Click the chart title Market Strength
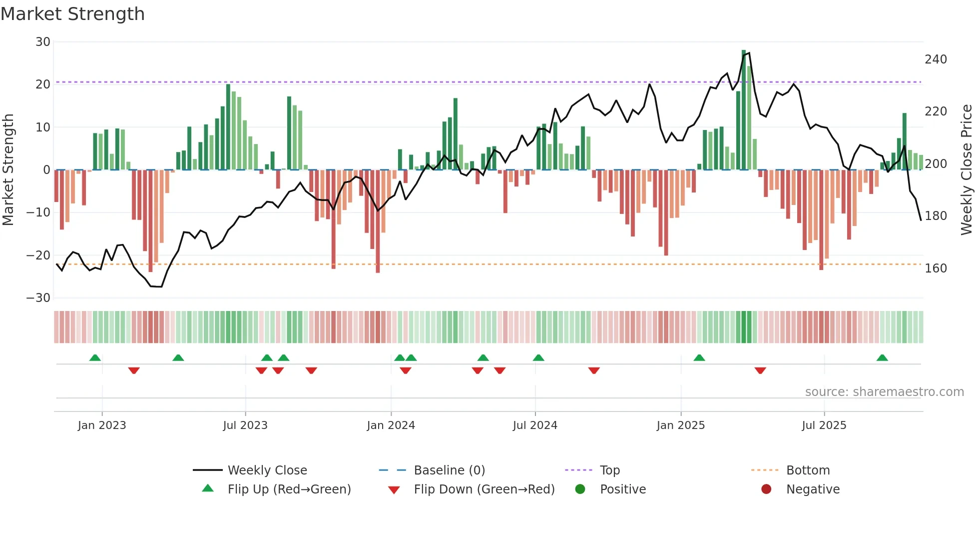click(x=72, y=14)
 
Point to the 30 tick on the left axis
click(x=42, y=42)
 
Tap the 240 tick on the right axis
click(x=936, y=59)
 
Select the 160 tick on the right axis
click(x=936, y=268)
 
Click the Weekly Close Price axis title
click(x=967, y=170)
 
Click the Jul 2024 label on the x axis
click(x=534, y=425)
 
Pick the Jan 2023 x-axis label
click(x=102, y=425)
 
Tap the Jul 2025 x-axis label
click(x=824, y=425)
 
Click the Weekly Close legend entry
click(x=267, y=470)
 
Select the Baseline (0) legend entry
click(x=449, y=470)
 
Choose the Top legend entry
click(x=609, y=470)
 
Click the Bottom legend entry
click(x=808, y=470)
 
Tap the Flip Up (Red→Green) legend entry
click(x=289, y=489)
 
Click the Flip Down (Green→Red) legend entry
click(x=484, y=489)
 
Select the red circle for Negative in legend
click(x=766, y=489)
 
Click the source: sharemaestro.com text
click(x=884, y=392)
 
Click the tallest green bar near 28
click(x=744, y=110)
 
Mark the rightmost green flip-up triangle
click(x=882, y=358)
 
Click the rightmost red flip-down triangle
click(x=760, y=370)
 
